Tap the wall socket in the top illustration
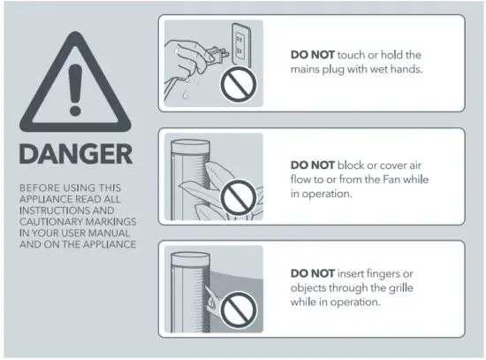[x=239, y=42]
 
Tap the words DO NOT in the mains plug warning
[x=312, y=54]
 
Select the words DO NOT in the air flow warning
[x=312, y=165]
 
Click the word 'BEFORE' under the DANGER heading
[x=36, y=188]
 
